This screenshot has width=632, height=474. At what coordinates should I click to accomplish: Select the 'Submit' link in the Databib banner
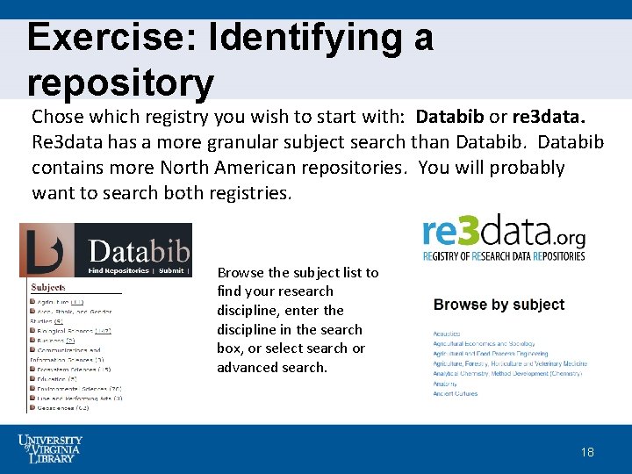point(171,270)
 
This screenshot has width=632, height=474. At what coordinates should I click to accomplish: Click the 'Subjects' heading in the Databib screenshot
point(48,288)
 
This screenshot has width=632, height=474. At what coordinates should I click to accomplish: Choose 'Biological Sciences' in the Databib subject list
point(61,330)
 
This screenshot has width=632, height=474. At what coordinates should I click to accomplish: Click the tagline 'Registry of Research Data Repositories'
point(503,255)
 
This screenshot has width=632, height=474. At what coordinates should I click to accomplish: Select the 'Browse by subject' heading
point(499,305)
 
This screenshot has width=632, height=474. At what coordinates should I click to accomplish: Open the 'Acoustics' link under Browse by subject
point(447,334)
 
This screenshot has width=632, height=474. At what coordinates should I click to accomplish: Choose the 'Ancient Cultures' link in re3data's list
point(455,393)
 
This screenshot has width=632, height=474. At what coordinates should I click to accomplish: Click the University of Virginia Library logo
point(50,449)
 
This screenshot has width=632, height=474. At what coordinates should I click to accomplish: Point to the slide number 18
point(587,452)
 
